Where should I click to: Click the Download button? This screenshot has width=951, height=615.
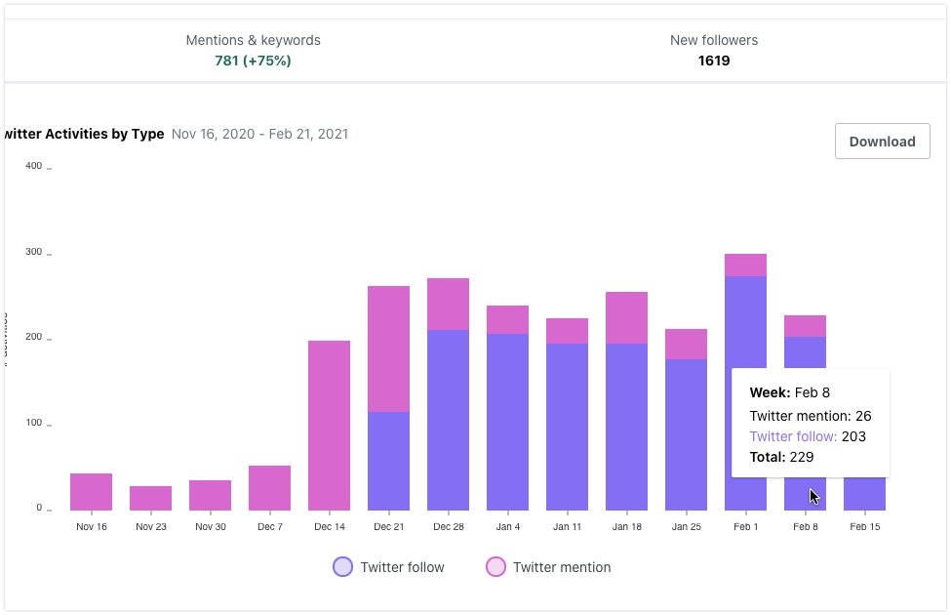[882, 142]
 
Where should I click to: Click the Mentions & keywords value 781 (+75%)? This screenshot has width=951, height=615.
[253, 61]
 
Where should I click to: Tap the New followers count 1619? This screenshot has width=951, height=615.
[713, 61]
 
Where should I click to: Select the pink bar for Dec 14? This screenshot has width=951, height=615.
[329, 425]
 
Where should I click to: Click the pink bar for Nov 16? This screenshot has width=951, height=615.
[91, 492]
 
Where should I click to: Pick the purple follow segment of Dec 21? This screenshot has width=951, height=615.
[388, 461]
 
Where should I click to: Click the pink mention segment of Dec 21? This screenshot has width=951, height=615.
[388, 348]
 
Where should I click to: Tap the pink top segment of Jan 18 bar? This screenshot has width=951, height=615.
[626, 317]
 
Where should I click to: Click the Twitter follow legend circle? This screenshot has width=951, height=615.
[342, 567]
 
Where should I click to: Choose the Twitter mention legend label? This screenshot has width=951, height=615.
[562, 567]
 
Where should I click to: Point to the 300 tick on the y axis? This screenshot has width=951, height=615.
[33, 252]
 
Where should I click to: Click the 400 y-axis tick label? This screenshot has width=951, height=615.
[33, 166]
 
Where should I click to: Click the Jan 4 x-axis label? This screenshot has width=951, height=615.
[507, 527]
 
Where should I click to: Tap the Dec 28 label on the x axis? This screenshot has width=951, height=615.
[448, 527]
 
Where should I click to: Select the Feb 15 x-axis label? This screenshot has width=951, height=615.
[864, 527]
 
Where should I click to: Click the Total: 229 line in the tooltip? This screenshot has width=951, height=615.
[781, 457]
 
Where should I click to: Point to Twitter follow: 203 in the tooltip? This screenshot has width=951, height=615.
[808, 436]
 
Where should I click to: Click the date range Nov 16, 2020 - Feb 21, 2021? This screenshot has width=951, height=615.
[259, 134]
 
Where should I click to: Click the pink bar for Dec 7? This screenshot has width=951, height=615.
[269, 488]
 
